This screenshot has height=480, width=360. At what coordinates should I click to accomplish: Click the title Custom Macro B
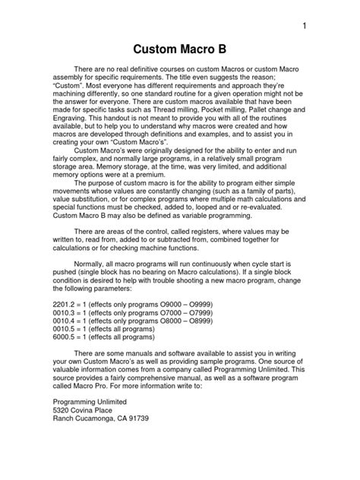tap(180, 52)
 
